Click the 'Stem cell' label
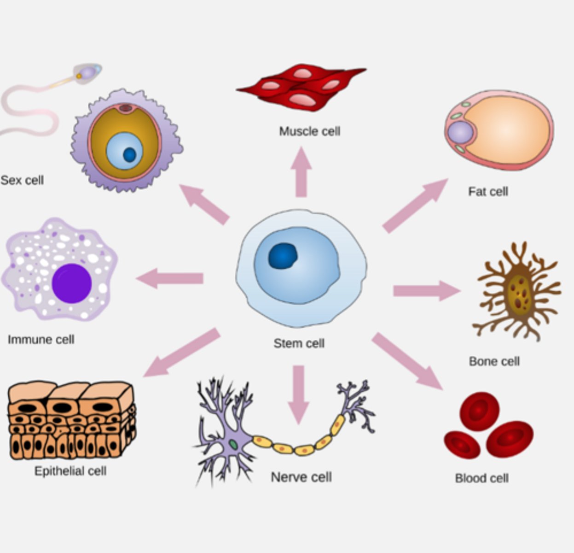point(299,343)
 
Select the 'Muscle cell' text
point(309,131)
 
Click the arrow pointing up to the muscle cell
point(301,173)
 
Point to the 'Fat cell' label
point(488,191)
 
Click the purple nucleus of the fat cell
point(460,132)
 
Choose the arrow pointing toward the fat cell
point(414,206)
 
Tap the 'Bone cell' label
point(494,361)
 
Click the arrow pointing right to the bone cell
point(426,291)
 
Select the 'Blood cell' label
point(481,478)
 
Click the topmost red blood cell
point(479,411)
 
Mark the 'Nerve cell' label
point(301,477)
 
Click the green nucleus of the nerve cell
point(234,445)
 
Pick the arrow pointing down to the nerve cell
point(299,394)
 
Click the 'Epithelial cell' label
point(70,471)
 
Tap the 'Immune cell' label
point(41,340)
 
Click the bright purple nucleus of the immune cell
point(72,283)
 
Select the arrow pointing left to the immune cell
point(170,278)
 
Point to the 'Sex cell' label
point(22,180)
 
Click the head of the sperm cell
point(87,73)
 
